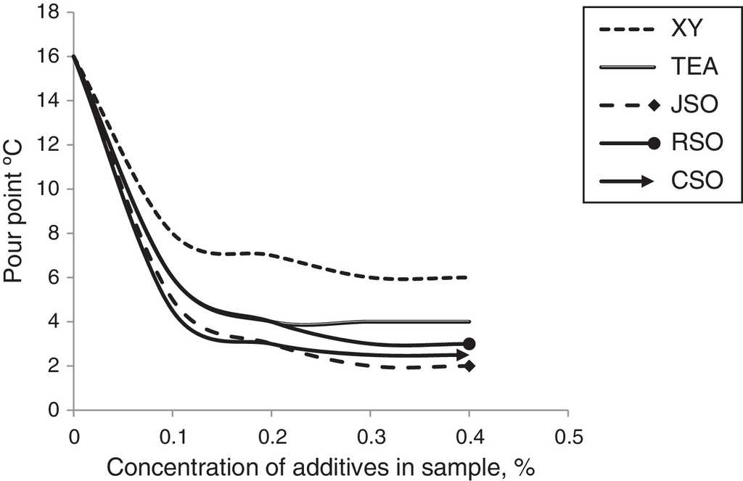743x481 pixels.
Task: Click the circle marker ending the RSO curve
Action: point(469,344)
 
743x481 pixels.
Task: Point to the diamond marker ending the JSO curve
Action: point(469,366)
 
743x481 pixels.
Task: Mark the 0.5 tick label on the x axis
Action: point(569,437)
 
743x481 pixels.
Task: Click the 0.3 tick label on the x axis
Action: point(371,437)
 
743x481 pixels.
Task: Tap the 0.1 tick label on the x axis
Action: point(173,437)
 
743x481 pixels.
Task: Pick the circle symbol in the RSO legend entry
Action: point(654,143)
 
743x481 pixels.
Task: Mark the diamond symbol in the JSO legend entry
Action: point(654,106)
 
